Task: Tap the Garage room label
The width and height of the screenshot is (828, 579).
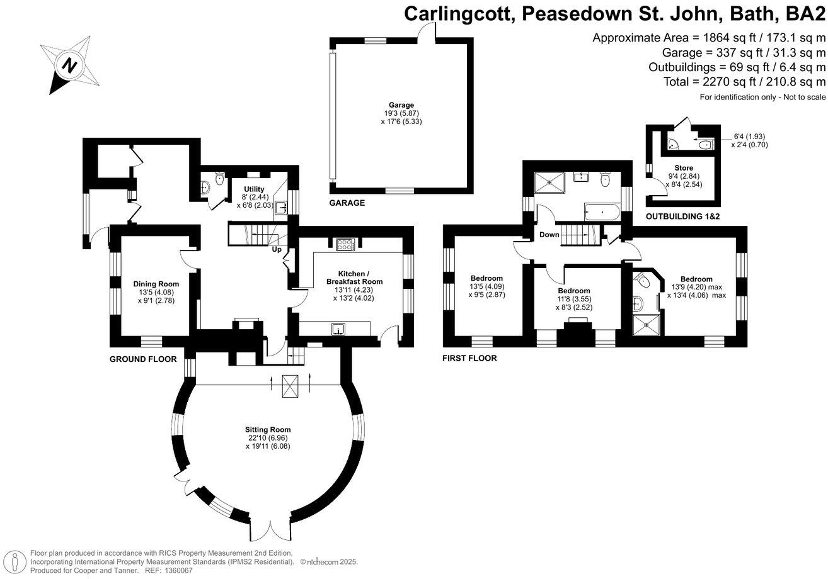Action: (401, 105)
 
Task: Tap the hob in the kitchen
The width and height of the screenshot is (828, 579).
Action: (345, 245)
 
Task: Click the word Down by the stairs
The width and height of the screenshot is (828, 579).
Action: (549, 235)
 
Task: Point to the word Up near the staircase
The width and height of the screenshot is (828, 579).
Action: (276, 250)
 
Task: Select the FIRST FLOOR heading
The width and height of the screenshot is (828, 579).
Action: (469, 358)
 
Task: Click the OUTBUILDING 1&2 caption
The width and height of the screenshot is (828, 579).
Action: (683, 216)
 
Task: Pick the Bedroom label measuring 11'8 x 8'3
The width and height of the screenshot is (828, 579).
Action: (573, 291)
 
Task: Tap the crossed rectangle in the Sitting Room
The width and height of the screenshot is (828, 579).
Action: (290, 385)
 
